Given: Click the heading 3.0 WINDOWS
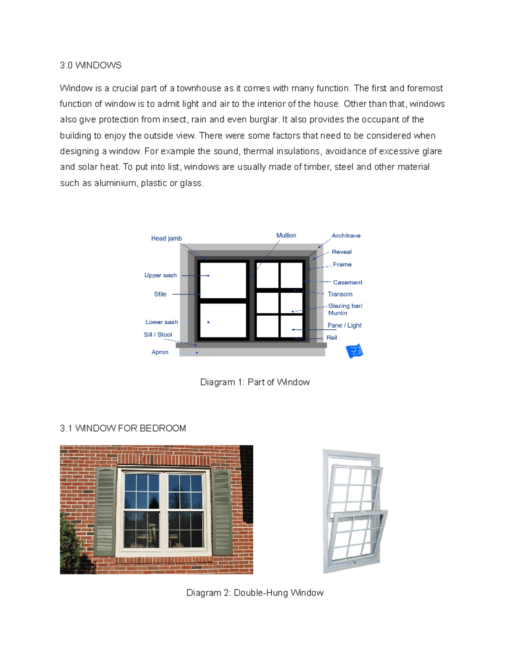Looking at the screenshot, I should [x=91, y=65].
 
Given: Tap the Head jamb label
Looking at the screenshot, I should [x=166, y=238].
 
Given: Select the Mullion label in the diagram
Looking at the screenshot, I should [x=286, y=235].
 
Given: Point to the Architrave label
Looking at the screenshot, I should [x=346, y=235].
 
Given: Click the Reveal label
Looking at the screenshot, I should [x=342, y=252].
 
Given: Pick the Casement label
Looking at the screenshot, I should [x=347, y=282].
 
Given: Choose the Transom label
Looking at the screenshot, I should [x=340, y=294].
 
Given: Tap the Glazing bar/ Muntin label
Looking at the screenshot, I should [x=345, y=309].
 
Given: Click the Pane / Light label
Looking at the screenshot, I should [x=344, y=326].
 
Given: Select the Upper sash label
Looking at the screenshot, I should [x=160, y=275].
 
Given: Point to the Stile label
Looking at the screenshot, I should [x=160, y=294].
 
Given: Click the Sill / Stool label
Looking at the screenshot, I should [x=158, y=334].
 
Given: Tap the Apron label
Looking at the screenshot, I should [x=160, y=352].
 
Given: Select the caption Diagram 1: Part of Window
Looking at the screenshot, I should [x=255, y=382].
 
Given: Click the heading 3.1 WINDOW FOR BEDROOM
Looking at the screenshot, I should [x=123, y=428].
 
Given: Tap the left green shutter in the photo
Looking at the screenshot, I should [x=105, y=512].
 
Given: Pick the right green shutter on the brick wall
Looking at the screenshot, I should [x=222, y=512].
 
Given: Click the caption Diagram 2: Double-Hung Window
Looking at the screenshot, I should [x=255, y=593].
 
